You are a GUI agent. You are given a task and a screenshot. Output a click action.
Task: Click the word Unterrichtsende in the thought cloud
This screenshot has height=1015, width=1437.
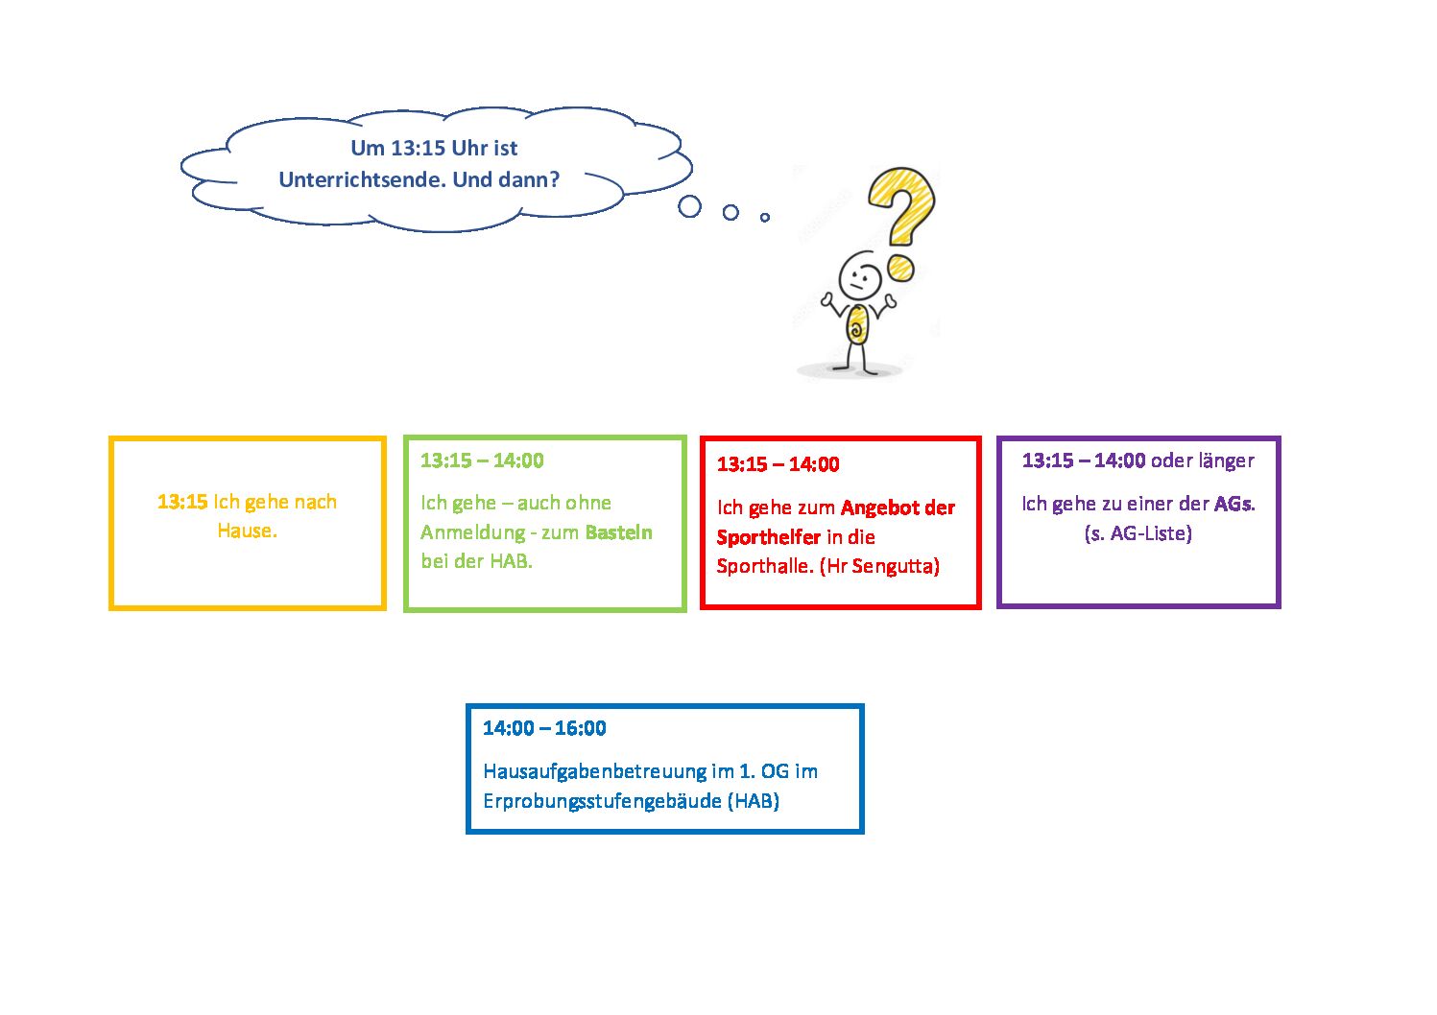(x=361, y=180)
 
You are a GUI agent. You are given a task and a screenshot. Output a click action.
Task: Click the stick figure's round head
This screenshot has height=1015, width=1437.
(x=860, y=275)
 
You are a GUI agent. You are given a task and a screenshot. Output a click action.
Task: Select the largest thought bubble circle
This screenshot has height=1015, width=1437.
(x=689, y=206)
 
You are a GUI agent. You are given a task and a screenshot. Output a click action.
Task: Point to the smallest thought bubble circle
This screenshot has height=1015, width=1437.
(x=765, y=218)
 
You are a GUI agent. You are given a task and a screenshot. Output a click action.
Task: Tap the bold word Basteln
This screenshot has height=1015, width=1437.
(x=618, y=532)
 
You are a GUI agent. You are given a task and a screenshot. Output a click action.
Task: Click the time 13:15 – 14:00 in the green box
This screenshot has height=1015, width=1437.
(x=482, y=460)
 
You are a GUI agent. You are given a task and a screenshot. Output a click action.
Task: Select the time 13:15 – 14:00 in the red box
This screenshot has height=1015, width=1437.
(x=778, y=464)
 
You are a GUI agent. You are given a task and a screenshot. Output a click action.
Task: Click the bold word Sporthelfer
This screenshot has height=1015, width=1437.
(x=769, y=537)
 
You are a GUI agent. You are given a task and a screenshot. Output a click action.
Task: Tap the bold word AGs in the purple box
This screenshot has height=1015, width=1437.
(x=1233, y=504)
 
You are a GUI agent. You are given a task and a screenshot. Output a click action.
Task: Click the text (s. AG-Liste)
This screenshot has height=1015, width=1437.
(x=1138, y=533)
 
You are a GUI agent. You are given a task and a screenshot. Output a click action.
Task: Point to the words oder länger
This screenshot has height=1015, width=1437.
(x=1202, y=461)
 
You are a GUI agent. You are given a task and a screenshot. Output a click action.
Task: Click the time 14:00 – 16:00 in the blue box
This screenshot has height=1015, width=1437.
(x=544, y=728)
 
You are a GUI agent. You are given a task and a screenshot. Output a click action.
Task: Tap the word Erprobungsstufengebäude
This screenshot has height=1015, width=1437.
(x=603, y=801)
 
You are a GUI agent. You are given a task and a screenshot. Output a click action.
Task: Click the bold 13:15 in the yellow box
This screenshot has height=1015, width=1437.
(x=182, y=502)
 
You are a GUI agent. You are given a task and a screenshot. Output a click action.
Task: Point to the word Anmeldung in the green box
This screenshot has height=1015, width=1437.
(x=472, y=532)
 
